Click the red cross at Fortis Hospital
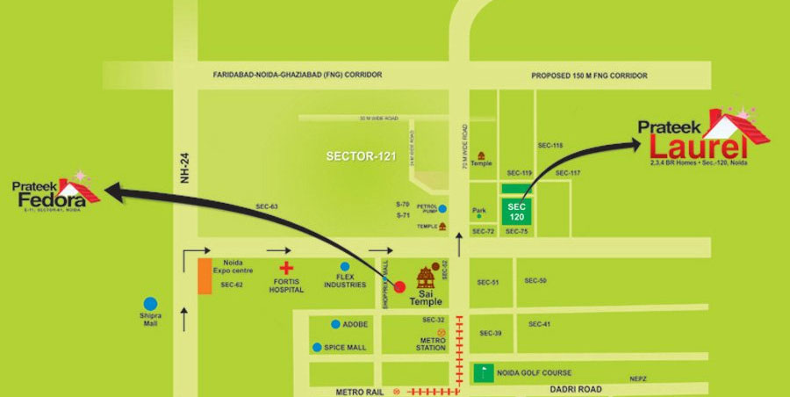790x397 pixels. click(x=285, y=268)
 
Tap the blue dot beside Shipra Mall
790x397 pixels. click(x=152, y=304)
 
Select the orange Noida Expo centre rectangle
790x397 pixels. click(x=204, y=276)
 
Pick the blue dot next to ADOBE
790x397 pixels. click(x=335, y=324)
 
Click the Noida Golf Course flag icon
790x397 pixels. click(x=482, y=372)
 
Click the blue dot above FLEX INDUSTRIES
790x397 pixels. click(x=344, y=266)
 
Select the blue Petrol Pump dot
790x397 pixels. click(x=442, y=209)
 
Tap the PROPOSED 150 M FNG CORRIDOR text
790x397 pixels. click(x=590, y=76)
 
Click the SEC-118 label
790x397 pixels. click(x=550, y=145)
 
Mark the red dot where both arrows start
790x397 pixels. click(x=399, y=286)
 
